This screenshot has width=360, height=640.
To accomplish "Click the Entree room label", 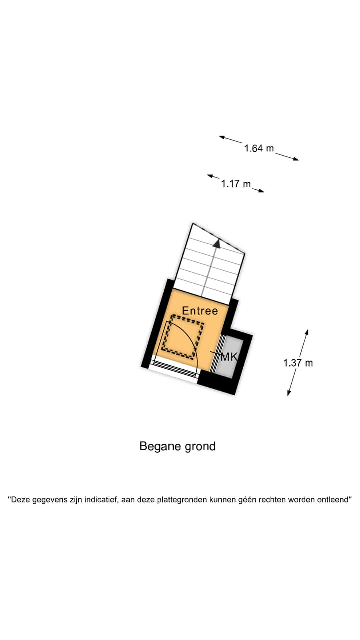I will click(200, 310).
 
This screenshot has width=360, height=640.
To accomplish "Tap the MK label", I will click(229, 357).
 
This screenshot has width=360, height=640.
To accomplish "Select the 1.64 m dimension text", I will click(259, 148).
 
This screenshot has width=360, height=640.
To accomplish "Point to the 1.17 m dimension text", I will click(236, 184).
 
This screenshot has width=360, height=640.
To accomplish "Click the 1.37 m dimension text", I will click(298, 363).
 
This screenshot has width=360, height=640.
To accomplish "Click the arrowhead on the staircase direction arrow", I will click(217, 243).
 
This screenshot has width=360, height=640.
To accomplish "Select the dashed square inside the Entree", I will click(184, 336).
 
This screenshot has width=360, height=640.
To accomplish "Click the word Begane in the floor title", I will click(158, 446).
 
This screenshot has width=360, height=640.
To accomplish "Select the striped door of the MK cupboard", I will click(216, 353).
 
